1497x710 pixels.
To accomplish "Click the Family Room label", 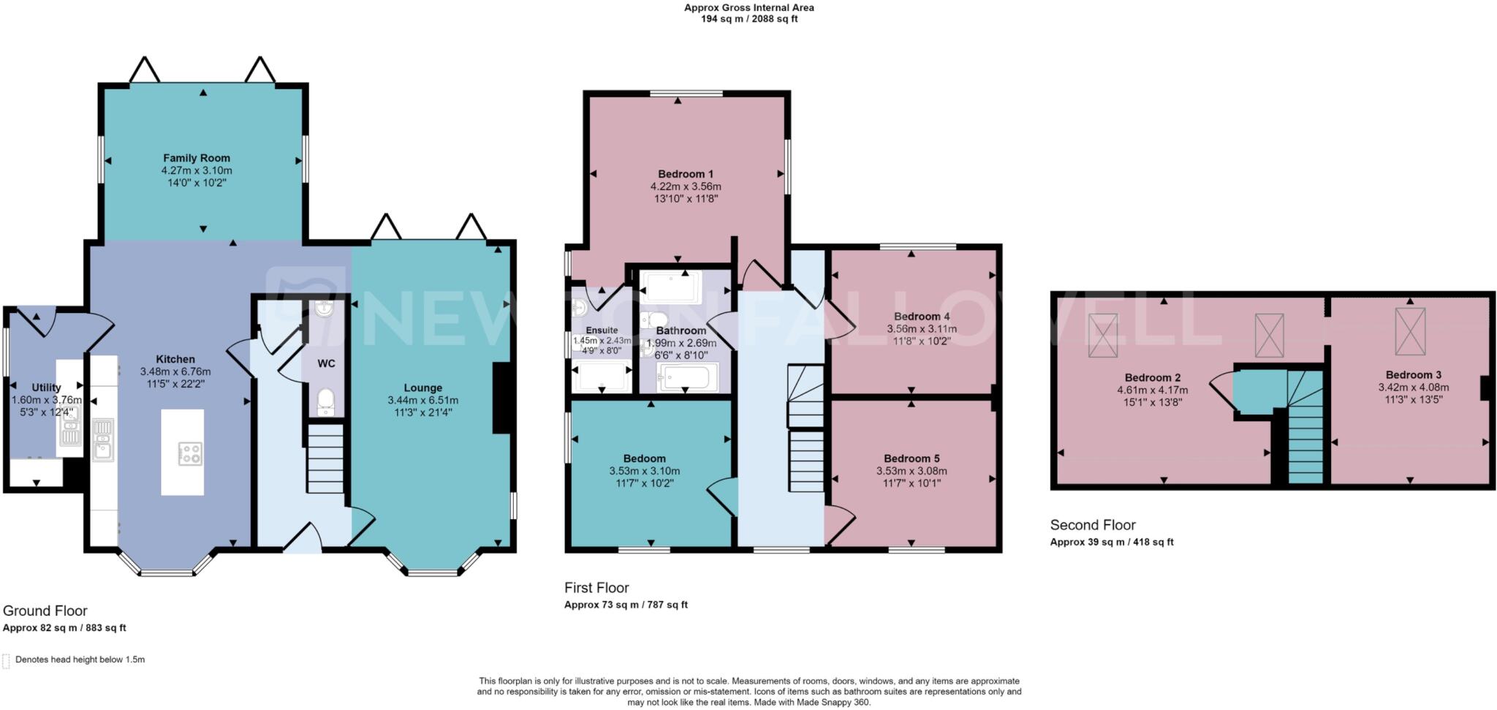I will pyautogui.click(x=196, y=158).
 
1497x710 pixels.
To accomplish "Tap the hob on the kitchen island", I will pyautogui.click(x=190, y=453).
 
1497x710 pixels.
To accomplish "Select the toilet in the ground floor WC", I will pyautogui.click(x=326, y=401).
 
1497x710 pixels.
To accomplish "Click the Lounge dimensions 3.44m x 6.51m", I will pyautogui.click(x=422, y=400).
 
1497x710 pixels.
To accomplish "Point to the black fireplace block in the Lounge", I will pyautogui.click(x=503, y=399).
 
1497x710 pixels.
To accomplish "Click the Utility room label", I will pyautogui.click(x=46, y=388).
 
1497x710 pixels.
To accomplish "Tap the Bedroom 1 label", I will pyautogui.click(x=685, y=174).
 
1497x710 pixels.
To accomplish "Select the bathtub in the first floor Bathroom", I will pyautogui.click(x=683, y=378).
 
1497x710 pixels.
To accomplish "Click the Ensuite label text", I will pyautogui.click(x=602, y=331).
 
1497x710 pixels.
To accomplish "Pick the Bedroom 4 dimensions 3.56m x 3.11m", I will pyautogui.click(x=921, y=329).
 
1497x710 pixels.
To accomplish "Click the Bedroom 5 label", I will pyautogui.click(x=911, y=458).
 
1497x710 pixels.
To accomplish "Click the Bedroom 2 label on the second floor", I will pyautogui.click(x=1148, y=377).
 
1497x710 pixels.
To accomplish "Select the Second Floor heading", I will pyautogui.click(x=1092, y=525).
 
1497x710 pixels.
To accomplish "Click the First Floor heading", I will pyautogui.click(x=596, y=588).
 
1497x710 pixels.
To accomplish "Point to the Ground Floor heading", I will pyautogui.click(x=45, y=611).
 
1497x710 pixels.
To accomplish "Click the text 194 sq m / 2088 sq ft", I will pyautogui.click(x=748, y=19).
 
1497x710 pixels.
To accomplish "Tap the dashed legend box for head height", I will pyautogui.click(x=6, y=660).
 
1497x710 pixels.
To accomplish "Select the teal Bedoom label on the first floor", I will pyautogui.click(x=644, y=458).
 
